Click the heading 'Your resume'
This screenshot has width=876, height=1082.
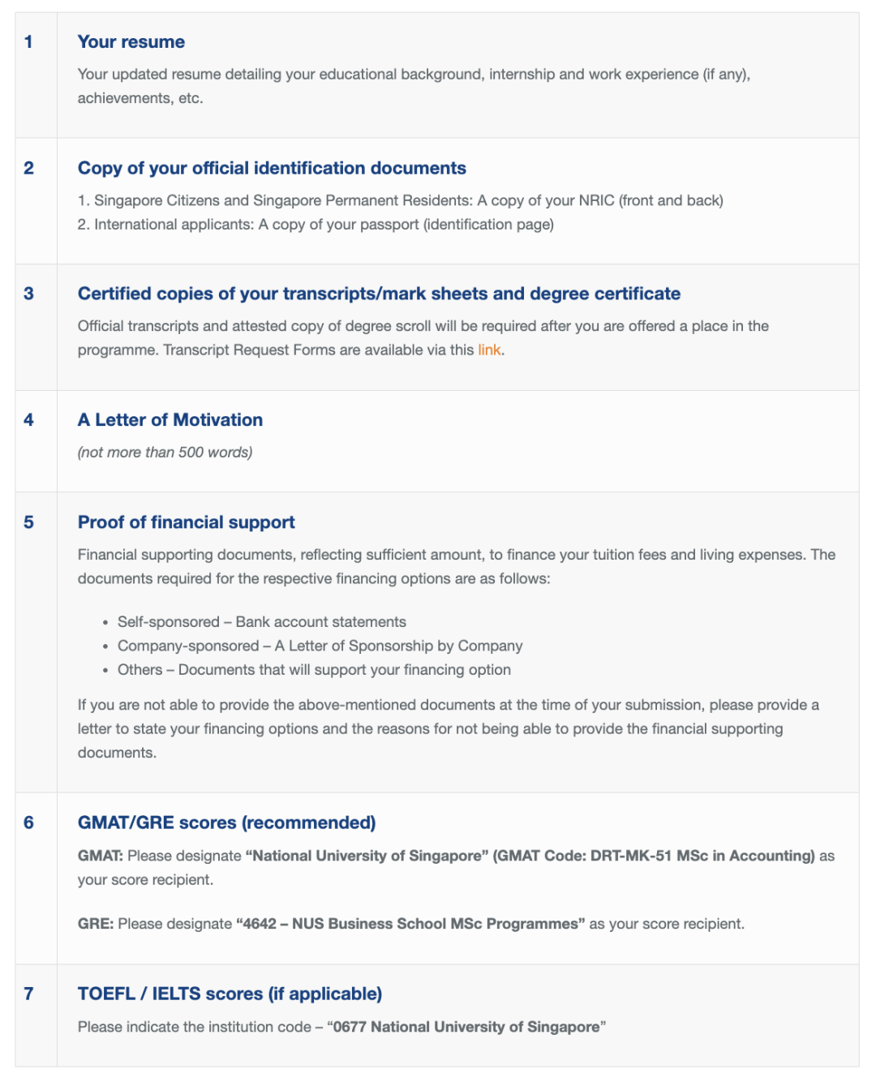(x=131, y=42)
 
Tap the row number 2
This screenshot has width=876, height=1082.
(x=29, y=168)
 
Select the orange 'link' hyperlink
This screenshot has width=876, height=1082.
(x=489, y=350)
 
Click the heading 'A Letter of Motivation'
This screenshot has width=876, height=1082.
(x=170, y=420)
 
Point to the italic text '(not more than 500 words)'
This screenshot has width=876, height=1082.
(x=165, y=453)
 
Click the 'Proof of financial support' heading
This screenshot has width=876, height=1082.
(x=187, y=522)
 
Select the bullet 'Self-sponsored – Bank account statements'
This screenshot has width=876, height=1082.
(x=261, y=622)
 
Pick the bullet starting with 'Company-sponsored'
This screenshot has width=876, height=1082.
(x=320, y=646)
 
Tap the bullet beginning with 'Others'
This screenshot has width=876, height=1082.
(x=314, y=670)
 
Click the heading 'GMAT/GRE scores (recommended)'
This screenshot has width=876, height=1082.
(x=226, y=822)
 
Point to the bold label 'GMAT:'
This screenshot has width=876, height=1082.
(x=101, y=856)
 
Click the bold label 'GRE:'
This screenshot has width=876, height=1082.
(x=96, y=924)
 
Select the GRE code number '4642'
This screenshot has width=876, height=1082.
(x=260, y=924)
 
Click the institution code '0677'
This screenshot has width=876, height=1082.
(x=350, y=1027)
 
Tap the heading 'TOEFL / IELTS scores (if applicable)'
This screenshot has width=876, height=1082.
(x=230, y=994)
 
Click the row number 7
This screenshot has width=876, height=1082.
(x=29, y=994)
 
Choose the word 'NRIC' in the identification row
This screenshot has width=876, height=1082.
(x=596, y=200)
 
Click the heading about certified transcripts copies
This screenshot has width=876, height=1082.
(x=379, y=294)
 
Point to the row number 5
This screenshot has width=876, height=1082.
(x=29, y=522)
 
